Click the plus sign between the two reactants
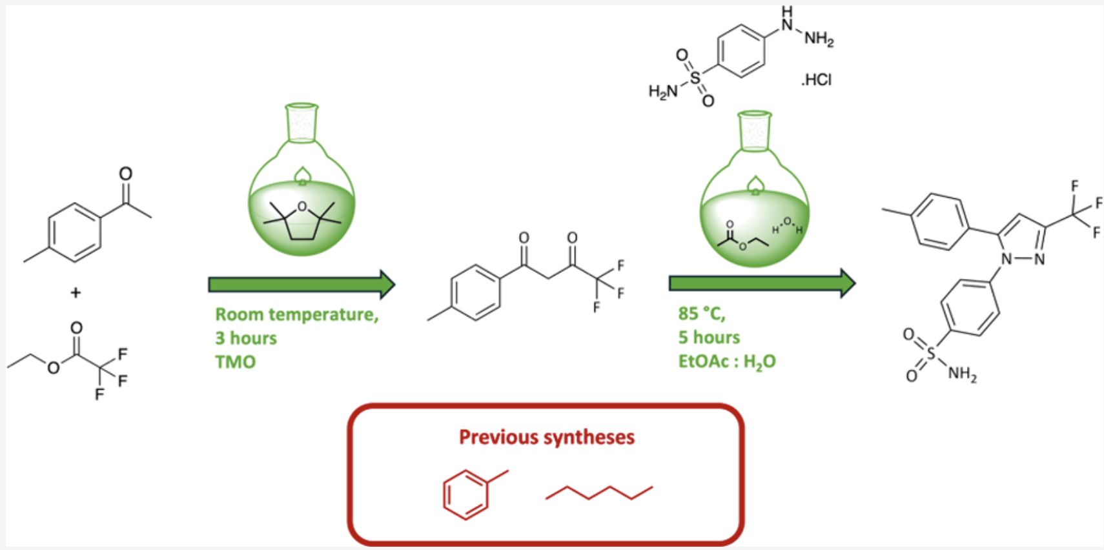(x=76, y=292)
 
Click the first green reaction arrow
(x=302, y=285)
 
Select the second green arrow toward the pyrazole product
(x=762, y=283)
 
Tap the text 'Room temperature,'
(x=297, y=314)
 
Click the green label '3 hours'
(x=246, y=338)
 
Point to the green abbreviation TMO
(x=236, y=362)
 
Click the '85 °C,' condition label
(x=702, y=314)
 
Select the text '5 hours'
(x=709, y=338)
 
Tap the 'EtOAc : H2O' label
(x=727, y=362)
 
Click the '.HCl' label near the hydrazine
(x=816, y=80)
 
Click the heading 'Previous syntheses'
(x=547, y=437)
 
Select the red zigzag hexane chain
(x=599, y=493)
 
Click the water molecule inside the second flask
(x=787, y=226)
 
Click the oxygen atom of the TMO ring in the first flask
(x=302, y=207)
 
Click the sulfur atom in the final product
(x=930, y=353)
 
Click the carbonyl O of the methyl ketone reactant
(x=126, y=174)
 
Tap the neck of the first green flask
(x=302, y=123)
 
